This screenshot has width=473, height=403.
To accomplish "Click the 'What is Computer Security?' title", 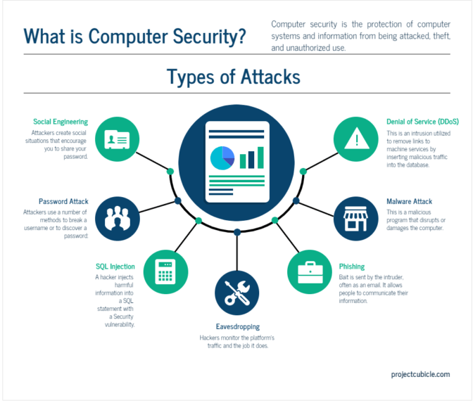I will (x=134, y=35).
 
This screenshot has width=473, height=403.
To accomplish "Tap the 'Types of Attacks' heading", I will (x=233, y=76).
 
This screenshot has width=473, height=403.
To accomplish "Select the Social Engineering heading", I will (x=61, y=122).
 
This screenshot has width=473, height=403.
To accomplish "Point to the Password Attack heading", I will (x=63, y=202).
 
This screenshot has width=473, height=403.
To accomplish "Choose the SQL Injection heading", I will (x=115, y=267).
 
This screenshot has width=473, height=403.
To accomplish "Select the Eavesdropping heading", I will (x=237, y=326).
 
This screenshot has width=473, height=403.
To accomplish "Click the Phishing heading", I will (x=352, y=267).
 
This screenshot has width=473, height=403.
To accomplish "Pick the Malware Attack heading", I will (x=409, y=202).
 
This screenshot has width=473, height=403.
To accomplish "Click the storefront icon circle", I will (x=355, y=219).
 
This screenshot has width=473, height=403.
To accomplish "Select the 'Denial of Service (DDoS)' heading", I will (x=422, y=122).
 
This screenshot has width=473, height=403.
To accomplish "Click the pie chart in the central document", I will (x=222, y=157).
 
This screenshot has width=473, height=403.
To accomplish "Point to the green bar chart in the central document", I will (x=251, y=158).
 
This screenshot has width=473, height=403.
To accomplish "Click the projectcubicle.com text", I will (x=420, y=375).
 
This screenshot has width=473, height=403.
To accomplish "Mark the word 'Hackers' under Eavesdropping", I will (x=210, y=338).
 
